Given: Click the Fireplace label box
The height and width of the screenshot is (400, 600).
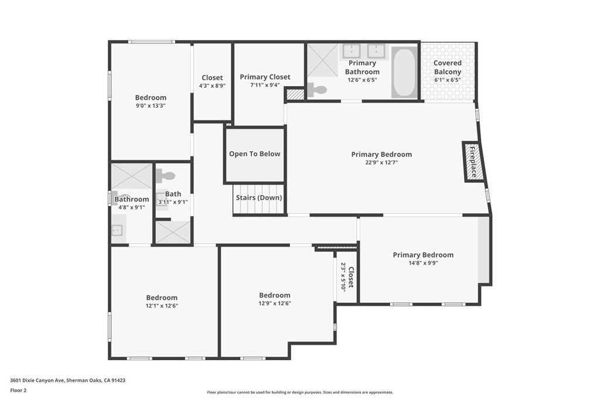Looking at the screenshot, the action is point(473,162).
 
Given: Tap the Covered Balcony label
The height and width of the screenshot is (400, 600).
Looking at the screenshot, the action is point(447,67).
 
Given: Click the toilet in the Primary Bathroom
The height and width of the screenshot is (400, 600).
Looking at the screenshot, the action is point(317,90).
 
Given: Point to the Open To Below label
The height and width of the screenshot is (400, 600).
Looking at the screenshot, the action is point(254,153).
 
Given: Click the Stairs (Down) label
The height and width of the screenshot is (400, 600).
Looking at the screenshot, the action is point(258,198).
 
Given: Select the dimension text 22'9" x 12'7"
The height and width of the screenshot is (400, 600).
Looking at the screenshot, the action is point(381,162).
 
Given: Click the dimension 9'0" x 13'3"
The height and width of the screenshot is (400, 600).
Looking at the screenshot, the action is point(151,105).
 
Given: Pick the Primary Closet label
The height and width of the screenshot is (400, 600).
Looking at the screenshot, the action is point(265,77).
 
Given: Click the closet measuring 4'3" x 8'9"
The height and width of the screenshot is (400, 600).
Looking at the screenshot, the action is point(212,82).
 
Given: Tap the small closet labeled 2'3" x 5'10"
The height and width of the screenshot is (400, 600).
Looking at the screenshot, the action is point(347,277).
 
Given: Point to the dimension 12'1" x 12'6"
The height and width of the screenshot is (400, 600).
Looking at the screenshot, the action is point(162,306).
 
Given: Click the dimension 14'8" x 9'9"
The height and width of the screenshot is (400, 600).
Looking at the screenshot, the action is point(423,263).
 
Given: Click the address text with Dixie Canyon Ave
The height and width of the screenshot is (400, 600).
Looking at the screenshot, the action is point(68,380).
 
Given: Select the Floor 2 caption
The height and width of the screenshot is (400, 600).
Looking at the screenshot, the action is point(18,391).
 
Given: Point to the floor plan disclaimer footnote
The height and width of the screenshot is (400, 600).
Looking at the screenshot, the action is point(300,392).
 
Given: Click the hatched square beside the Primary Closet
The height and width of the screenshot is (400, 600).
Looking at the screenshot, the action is point(295,94).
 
